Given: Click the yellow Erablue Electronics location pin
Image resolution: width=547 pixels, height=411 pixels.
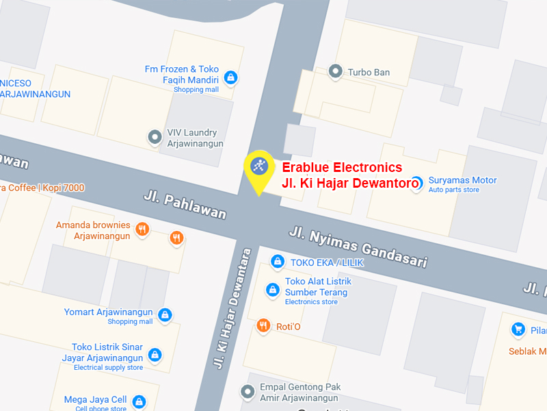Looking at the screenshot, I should tap(258, 166).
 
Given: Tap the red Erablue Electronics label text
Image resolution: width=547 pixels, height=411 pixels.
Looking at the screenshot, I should tap(342, 168).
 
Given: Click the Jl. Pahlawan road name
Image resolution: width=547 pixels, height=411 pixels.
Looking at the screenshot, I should tap(185, 205).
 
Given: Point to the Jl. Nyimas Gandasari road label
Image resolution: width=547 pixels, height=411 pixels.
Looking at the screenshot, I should tap(358, 247).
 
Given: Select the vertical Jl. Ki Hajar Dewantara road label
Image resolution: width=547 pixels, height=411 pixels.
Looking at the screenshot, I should tap(233, 308).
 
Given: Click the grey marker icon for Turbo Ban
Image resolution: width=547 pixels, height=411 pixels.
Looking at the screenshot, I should tap(335, 71).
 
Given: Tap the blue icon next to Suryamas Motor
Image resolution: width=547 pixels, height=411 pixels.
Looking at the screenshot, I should tap(416, 184).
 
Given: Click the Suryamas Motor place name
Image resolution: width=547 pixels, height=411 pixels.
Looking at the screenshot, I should tap(462, 180).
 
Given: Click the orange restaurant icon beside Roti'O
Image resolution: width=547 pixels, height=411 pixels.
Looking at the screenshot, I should tap(263, 326).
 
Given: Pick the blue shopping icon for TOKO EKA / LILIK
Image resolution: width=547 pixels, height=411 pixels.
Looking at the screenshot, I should tap(278, 261).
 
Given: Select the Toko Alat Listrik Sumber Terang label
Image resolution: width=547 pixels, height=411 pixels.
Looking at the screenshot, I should tap(318, 287).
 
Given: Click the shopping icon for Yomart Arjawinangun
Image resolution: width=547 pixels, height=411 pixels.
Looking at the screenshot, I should tap(165, 315).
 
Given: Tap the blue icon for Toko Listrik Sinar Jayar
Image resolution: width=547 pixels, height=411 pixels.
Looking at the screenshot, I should tap(156, 355).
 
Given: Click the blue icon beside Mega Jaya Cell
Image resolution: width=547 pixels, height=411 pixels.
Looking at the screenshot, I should tap(139, 401).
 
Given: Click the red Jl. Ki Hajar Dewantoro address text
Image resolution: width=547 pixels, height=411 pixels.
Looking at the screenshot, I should tap(350, 183).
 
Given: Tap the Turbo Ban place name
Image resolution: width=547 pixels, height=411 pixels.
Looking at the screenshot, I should tap(369, 72).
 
